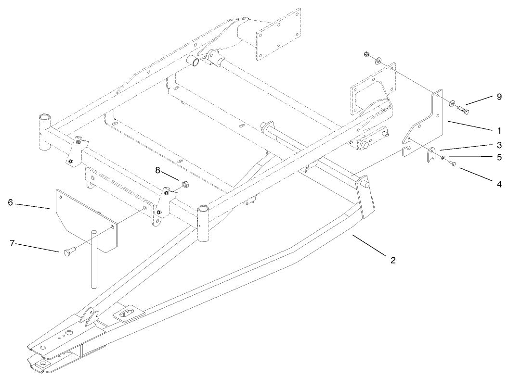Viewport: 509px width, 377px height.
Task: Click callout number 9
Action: pyautogui.click(x=499, y=97)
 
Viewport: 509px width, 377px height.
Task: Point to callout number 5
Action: pyautogui.click(x=499, y=157)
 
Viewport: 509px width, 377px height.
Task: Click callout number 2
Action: pyautogui.click(x=393, y=260)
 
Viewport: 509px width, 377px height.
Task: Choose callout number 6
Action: pyautogui.click(x=10, y=202)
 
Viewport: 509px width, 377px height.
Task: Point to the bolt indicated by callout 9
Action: pyautogui.click(x=464, y=110)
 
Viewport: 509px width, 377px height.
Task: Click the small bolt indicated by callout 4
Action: pyautogui.click(x=453, y=164)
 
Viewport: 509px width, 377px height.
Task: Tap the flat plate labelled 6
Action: pyautogui.click(x=87, y=219)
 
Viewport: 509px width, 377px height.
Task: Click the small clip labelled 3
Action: pyautogui.click(x=432, y=155)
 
